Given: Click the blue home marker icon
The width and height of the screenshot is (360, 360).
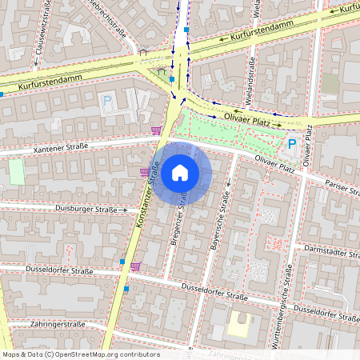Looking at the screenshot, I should [x=180, y=173].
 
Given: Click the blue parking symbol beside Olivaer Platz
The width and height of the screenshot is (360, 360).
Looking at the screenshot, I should [x=292, y=146].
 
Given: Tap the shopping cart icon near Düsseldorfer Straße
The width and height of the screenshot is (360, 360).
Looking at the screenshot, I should [x=135, y=266].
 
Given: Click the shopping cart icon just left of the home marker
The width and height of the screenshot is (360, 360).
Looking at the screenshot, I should [x=145, y=171].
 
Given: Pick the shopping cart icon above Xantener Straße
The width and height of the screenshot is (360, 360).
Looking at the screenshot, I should [x=156, y=130].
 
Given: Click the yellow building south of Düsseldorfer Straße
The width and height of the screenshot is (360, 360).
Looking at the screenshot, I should [x=240, y=325].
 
